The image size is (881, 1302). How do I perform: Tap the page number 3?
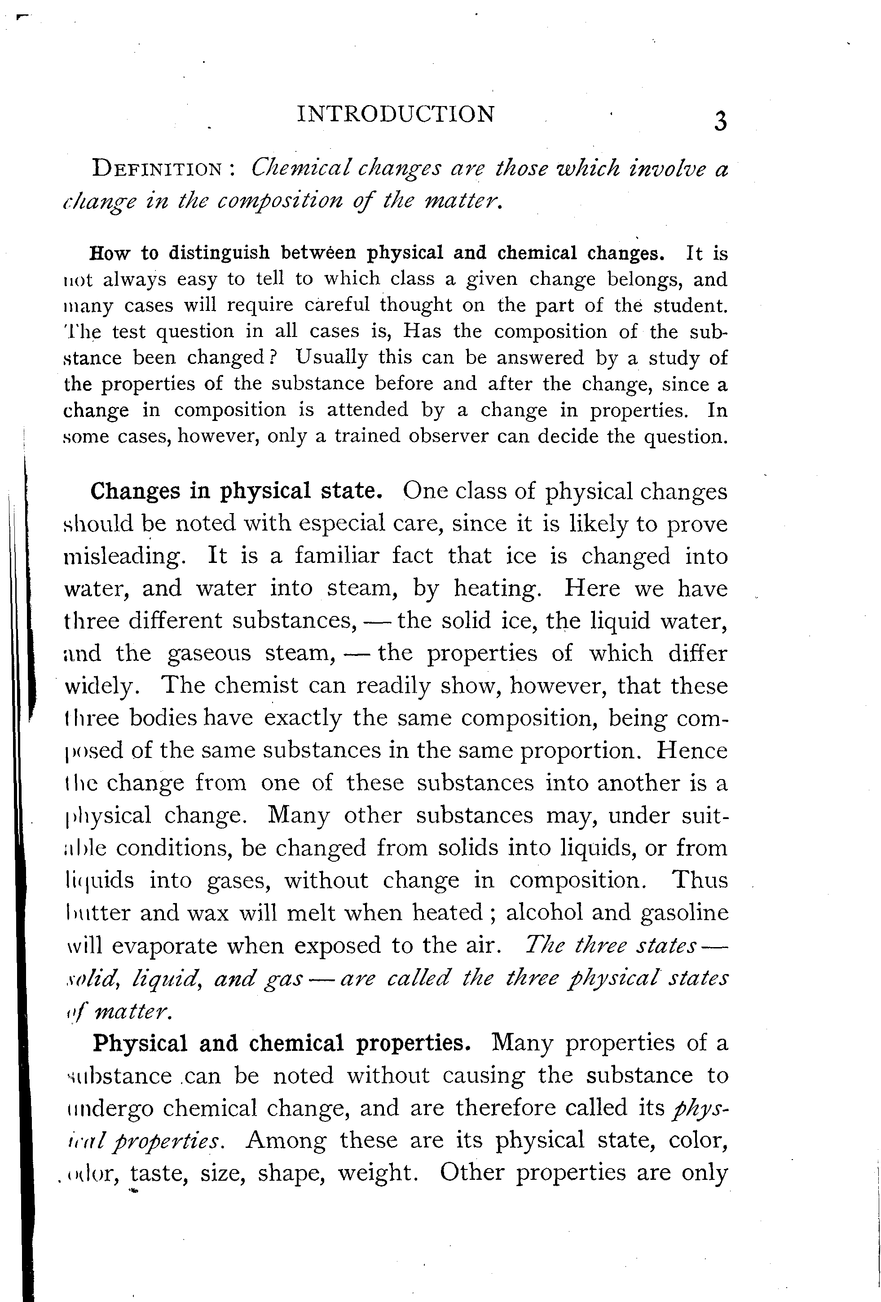coord(720,121)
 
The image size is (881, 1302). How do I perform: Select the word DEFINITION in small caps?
coord(157,168)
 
